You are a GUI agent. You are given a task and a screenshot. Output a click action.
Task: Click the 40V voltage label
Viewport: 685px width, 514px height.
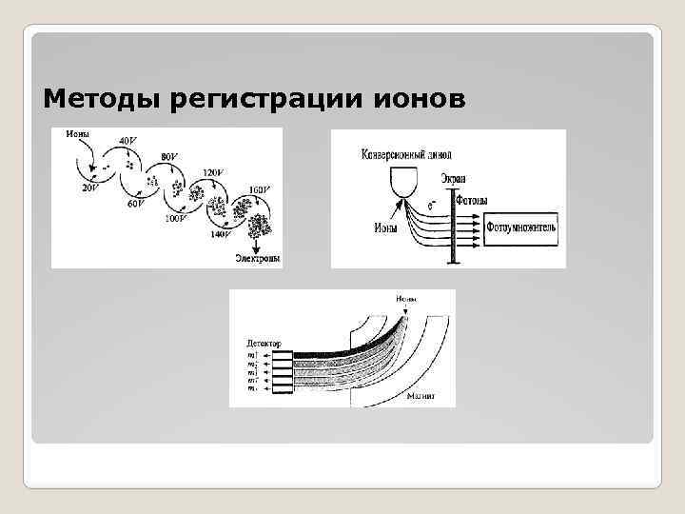click(x=127, y=141)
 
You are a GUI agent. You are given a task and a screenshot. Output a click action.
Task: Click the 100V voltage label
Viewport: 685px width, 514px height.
click(x=174, y=219)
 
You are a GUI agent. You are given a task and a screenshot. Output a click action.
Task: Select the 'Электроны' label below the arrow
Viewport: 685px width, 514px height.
click(x=258, y=258)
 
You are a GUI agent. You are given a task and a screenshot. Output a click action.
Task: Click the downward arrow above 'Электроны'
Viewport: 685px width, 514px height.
click(x=259, y=242)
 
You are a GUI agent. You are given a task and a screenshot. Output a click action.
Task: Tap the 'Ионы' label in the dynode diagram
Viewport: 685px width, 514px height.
click(x=77, y=135)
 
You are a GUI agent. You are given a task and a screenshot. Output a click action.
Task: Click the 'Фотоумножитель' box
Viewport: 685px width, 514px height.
click(x=527, y=228)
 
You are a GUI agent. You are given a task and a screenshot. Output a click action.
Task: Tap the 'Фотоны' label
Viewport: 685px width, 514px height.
click(x=473, y=201)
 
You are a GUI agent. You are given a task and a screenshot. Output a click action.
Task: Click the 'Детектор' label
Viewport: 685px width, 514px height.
click(x=263, y=340)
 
